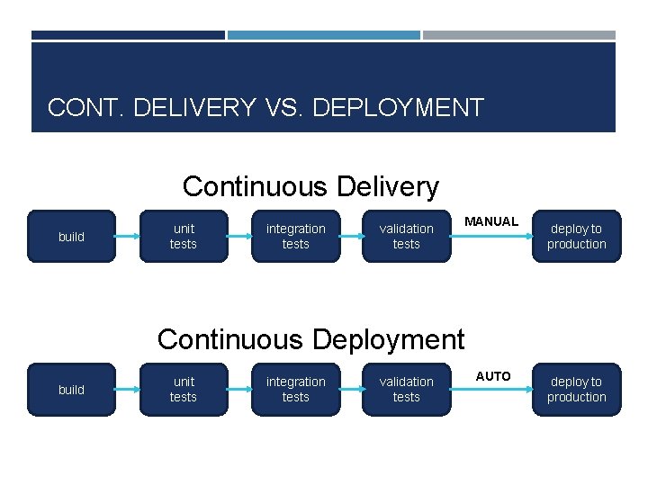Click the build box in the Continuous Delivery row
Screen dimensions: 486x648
tap(71, 236)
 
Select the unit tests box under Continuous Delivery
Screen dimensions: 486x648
tap(184, 236)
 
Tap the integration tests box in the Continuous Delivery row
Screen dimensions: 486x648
tap(295, 236)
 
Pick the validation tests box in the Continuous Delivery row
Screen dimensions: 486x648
tap(406, 236)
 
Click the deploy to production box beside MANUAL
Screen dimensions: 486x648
tap(576, 236)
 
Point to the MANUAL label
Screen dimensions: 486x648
tap(491, 221)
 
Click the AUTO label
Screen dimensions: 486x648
tap(493, 375)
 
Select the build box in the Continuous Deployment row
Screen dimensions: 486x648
tap(71, 389)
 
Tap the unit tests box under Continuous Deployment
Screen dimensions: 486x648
tap(184, 389)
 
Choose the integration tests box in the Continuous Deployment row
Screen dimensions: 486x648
tap(295, 389)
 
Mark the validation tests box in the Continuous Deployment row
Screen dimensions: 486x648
tap(406, 389)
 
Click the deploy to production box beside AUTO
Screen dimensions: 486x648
tap(576, 389)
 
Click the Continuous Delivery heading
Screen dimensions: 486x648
tap(310, 186)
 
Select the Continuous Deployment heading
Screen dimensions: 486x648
tap(310, 339)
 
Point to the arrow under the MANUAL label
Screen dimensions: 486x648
tap(491, 237)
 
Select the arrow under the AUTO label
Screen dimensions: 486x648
tap(491, 390)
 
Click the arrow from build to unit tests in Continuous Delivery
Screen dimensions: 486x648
tap(128, 237)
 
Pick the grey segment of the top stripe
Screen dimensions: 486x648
tap(519, 35)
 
